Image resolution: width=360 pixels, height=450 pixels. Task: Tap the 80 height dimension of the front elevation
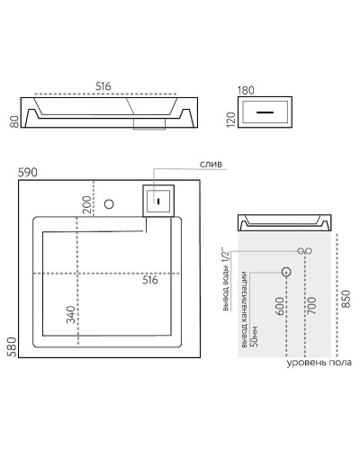click(14, 120)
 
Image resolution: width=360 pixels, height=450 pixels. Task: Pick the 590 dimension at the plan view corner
click(29, 172)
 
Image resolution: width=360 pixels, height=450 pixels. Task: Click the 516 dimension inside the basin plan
click(150, 280)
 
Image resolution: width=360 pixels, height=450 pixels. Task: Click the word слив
click(211, 165)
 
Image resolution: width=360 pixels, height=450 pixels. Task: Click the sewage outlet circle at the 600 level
click(286, 270)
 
